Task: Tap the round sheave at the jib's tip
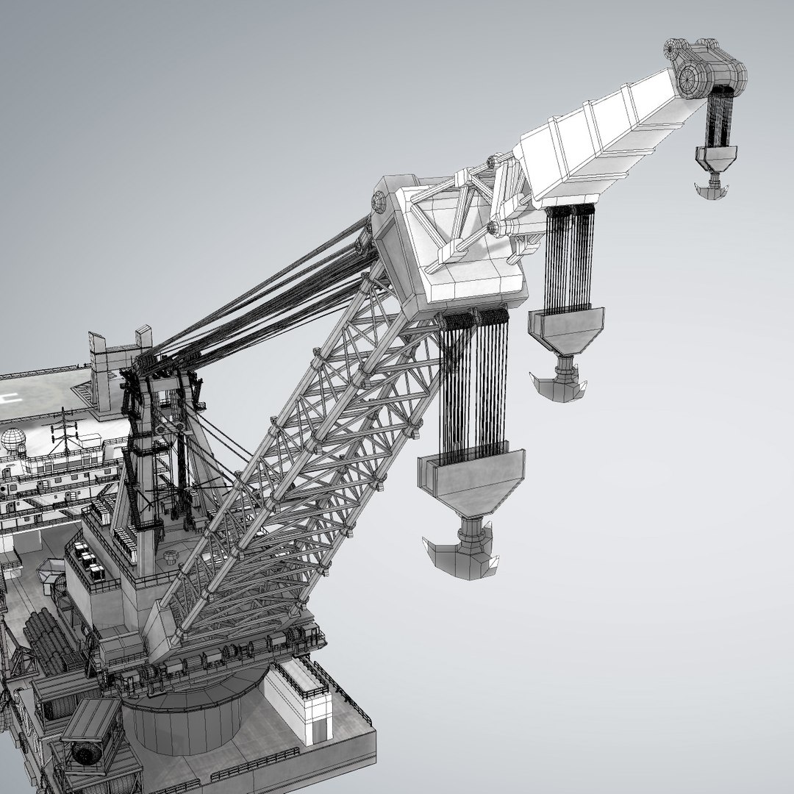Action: click(x=691, y=77)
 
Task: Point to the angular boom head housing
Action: click(x=448, y=243)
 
